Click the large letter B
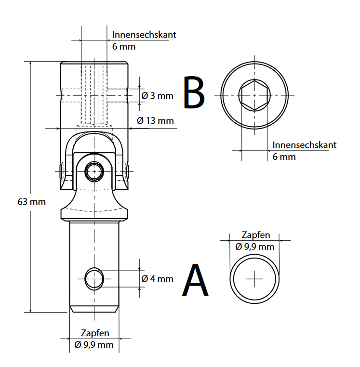[x=194, y=93]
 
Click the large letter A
[x=195, y=280]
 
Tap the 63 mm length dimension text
[x=31, y=202]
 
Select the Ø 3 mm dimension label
[x=157, y=96]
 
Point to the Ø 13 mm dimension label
[x=155, y=120]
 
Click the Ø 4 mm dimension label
[x=157, y=279]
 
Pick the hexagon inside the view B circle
[x=254, y=94]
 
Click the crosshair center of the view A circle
[x=254, y=279]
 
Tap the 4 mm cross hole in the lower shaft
[x=94, y=278]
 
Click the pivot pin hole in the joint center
[x=94, y=170]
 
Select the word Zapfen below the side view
[x=95, y=333]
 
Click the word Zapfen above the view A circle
[x=255, y=236]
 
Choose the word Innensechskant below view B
[x=304, y=145]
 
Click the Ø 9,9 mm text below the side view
[x=94, y=344]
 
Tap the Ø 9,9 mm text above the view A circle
[x=255, y=247]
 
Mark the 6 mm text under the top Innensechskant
[x=123, y=47]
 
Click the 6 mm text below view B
[x=284, y=157]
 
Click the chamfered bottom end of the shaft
[x=94, y=308]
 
